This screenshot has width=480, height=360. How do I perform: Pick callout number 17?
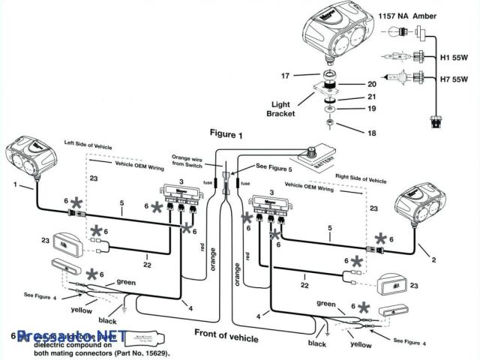coord(285,75)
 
